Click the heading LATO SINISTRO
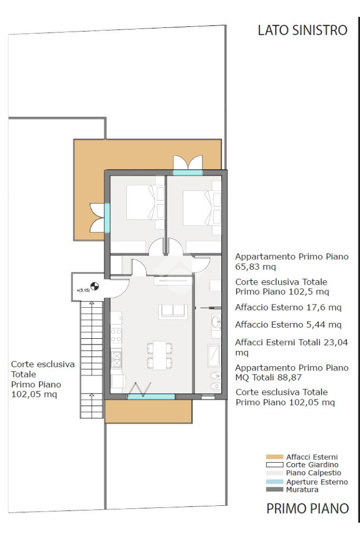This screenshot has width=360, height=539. click(x=303, y=30)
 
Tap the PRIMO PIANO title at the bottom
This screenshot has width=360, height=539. click(x=308, y=508)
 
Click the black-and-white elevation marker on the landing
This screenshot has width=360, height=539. click(x=94, y=286)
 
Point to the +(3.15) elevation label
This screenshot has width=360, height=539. click(x=83, y=290)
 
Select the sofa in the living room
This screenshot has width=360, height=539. click(x=173, y=311)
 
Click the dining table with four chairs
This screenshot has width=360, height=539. click(x=160, y=355)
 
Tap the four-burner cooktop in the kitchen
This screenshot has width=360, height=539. click(x=116, y=336)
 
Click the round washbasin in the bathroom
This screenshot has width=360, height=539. click(x=216, y=322)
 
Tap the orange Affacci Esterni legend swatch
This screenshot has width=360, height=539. click(x=275, y=457)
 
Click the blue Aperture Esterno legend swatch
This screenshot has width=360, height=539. click(x=275, y=482)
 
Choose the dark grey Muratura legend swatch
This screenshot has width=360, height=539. click(x=275, y=489)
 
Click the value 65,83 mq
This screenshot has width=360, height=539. click(x=256, y=267)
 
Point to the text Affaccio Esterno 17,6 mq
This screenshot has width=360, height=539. click(x=288, y=307)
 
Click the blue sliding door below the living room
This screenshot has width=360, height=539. click(x=151, y=397)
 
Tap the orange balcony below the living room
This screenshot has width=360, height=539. click(x=148, y=411)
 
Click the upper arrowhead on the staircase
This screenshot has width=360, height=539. click(x=92, y=303)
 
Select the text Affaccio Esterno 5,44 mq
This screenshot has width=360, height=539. click(x=288, y=325)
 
